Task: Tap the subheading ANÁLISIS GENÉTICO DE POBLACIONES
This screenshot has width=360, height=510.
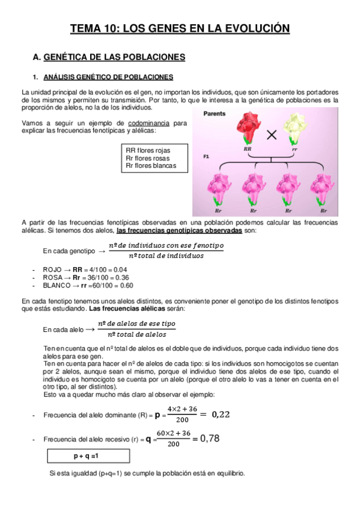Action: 108,77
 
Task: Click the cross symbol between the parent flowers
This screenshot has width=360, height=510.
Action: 272,135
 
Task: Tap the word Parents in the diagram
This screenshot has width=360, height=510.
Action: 215,114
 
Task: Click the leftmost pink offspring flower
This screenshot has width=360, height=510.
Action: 218,188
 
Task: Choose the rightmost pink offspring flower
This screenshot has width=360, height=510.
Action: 322,188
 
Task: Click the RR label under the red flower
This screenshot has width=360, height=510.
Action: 247,148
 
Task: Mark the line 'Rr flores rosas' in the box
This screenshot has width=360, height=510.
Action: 148,158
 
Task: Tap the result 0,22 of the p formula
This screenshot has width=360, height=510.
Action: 222,414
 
